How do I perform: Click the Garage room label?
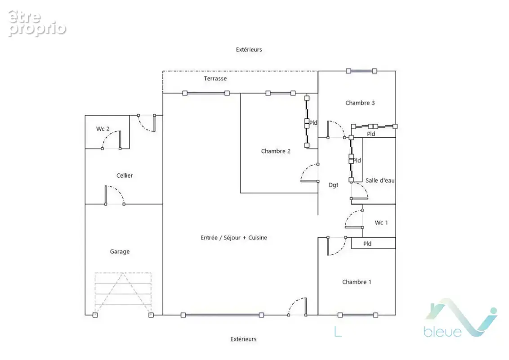[x=120, y=252]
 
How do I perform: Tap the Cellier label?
[x=125, y=175]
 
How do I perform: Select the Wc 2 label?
[x=103, y=129]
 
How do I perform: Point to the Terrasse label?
[x=215, y=78]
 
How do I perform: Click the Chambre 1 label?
[x=357, y=282]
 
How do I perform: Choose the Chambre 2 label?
[x=276, y=151]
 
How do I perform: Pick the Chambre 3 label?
[x=360, y=103]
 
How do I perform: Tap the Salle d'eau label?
[x=380, y=180]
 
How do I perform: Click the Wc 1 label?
[x=381, y=223]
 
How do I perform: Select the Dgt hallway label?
[x=333, y=185]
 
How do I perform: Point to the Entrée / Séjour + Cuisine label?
[x=234, y=238]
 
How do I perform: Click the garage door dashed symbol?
[x=123, y=294]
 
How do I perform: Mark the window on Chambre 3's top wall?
[x=362, y=71]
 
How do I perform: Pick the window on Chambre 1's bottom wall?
[x=358, y=315]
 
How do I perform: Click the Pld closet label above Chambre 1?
[x=367, y=244]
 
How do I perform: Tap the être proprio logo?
[x=37, y=23]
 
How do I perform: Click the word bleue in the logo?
[x=442, y=331]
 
